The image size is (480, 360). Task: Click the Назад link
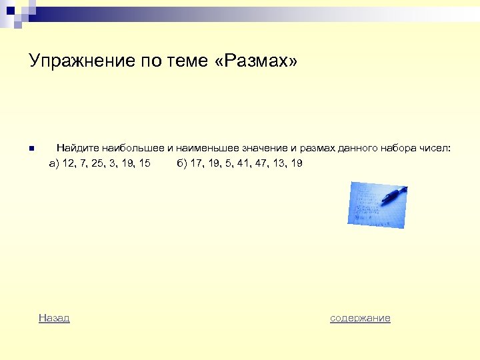[54, 318]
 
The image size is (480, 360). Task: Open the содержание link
[360, 318]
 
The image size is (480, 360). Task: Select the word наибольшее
[132, 148]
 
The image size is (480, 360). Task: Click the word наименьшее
[208, 148]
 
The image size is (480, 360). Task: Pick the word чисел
[436, 148]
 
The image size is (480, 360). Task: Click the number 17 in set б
[197, 163]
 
